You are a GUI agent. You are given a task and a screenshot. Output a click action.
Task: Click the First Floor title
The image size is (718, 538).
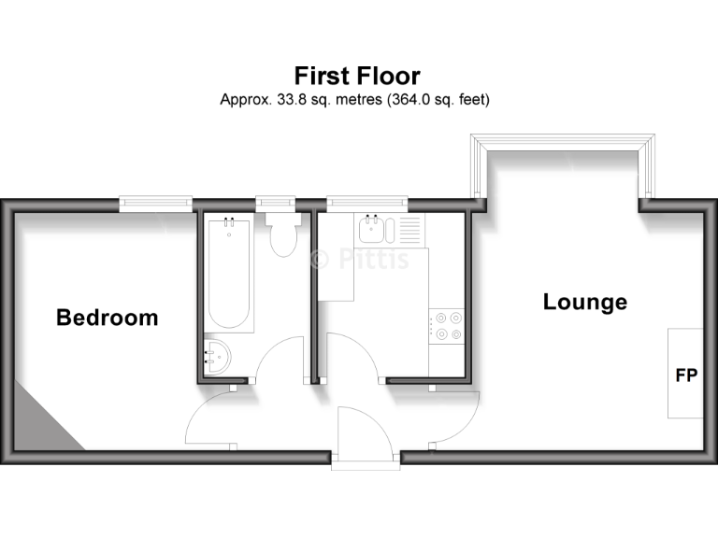tap(358, 76)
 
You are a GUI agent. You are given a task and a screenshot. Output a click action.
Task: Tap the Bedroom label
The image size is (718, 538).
tap(108, 318)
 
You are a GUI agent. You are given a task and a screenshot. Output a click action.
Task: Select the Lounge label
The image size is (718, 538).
tap(585, 303)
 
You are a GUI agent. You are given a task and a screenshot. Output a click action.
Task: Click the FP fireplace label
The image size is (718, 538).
tap(686, 376)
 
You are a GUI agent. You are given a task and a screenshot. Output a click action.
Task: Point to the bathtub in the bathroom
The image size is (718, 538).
tap(229, 273)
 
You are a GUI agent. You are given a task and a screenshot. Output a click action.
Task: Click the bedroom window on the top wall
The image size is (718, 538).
tap(155, 201)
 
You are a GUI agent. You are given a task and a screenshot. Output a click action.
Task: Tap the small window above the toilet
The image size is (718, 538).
tap(275, 201)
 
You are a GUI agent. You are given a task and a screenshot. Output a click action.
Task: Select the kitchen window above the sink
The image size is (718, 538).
tap(367, 201)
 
